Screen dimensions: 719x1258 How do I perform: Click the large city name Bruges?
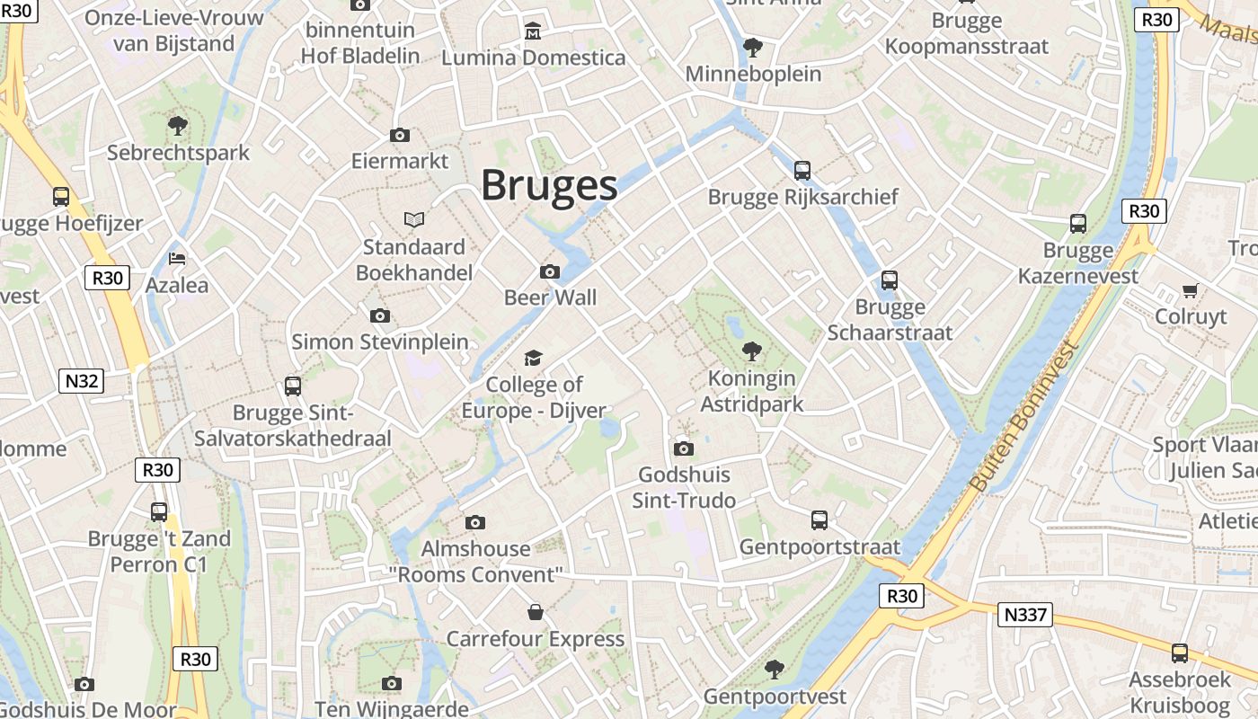pyautogui.click(x=549, y=185)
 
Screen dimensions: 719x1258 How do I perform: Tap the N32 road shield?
pyautogui.click(x=82, y=381)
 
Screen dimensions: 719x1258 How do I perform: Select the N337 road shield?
pyautogui.click(x=1024, y=615)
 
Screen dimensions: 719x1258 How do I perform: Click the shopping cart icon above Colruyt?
pyautogui.click(x=1191, y=290)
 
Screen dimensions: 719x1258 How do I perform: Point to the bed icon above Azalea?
pyautogui.click(x=177, y=259)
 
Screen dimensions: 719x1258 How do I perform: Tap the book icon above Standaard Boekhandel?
pyautogui.click(x=413, y=219)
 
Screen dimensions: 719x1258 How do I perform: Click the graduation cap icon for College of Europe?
pyautogui.click(x=534, y=359)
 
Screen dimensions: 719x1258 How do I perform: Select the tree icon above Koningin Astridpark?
pyautogui.click(x=752, y=351)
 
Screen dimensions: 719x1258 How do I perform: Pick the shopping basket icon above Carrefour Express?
pyautogui.click(x=536, y=612)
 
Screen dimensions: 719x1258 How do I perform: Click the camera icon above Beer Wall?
pyautogui.click(x=550, y=271)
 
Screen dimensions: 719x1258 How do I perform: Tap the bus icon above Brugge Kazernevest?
pyautogui.click(x=1078, y=224)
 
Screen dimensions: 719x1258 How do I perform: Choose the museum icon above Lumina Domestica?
pyautogui.click(x=533, y=31)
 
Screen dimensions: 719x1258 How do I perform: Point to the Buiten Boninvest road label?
pyautogui.click(x=1024, y=416)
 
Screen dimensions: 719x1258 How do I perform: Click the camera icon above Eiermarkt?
pyautogui.click(x=400, y=136)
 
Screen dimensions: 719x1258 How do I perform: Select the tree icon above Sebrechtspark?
pyautogui.click(x=178, y=126)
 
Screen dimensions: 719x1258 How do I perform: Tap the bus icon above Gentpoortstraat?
pyautogui.click(x=819, y=519)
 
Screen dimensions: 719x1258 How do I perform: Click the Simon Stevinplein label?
pyautogui.click(x=380, y=342)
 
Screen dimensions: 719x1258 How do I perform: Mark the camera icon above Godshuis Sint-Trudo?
pyautogui.click(x=684, y=448)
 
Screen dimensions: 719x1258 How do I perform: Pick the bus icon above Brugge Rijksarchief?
pyautogui.click(x=802, y=170)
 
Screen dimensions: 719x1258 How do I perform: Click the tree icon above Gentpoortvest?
pyautogui.click(x=774, y=670)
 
